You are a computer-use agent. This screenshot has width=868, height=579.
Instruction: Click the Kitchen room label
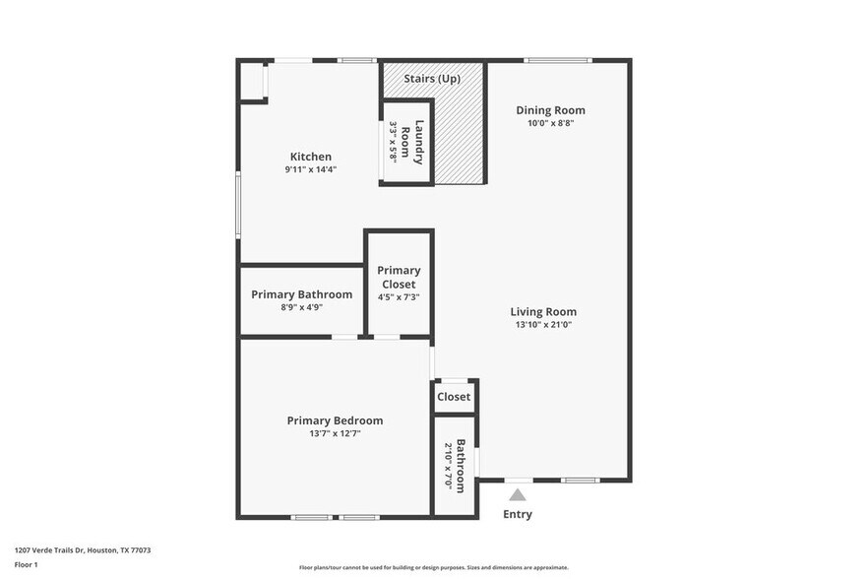[x=310, y=157]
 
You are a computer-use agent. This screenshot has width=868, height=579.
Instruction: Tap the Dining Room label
[x=550, y=110]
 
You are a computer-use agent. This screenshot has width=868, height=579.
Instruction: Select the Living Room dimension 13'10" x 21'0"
[x=543, y=324]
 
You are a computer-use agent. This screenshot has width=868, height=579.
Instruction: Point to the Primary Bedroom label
[x=335, y=420]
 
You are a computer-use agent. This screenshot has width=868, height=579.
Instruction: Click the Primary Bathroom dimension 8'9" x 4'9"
[x=301, y=307]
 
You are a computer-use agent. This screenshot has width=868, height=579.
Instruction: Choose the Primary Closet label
[x=399, y=277]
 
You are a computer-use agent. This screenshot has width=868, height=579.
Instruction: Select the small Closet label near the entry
[x=454, y=397]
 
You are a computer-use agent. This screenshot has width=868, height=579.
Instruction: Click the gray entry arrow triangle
[x=518, y=495]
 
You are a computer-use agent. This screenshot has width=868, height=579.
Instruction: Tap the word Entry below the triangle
[x=518, y=514]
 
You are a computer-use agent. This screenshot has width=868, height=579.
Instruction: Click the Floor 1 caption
[x=26, y=564]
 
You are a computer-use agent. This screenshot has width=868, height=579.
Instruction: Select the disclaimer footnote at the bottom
[x=433, y=567]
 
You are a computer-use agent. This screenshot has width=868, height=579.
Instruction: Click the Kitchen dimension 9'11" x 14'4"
[x=310, y=169]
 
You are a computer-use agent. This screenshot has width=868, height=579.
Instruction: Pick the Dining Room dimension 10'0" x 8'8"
[x=550, y=123]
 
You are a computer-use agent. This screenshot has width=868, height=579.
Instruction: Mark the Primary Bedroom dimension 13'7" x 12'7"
[x=335, y=433]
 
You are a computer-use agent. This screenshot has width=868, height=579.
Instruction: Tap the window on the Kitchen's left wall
[x=238, y=204]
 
